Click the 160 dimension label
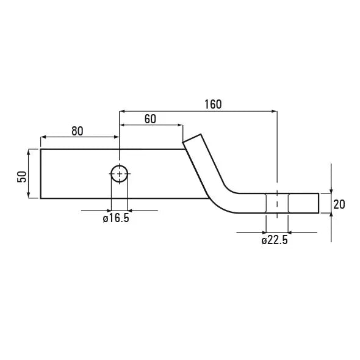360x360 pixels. coord(213,104)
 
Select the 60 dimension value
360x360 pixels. coord(150,119)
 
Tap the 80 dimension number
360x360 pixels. coord(77,131)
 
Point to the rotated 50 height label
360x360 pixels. coord(22,177)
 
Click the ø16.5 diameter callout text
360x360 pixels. coord(116,218)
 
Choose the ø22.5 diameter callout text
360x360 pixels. coord(275,240)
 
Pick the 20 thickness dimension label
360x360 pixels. coord(339,204)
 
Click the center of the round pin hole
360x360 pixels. coord(120,174)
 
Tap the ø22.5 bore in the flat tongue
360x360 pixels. coord(277,203)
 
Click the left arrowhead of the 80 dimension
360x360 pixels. coord(43,137)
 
